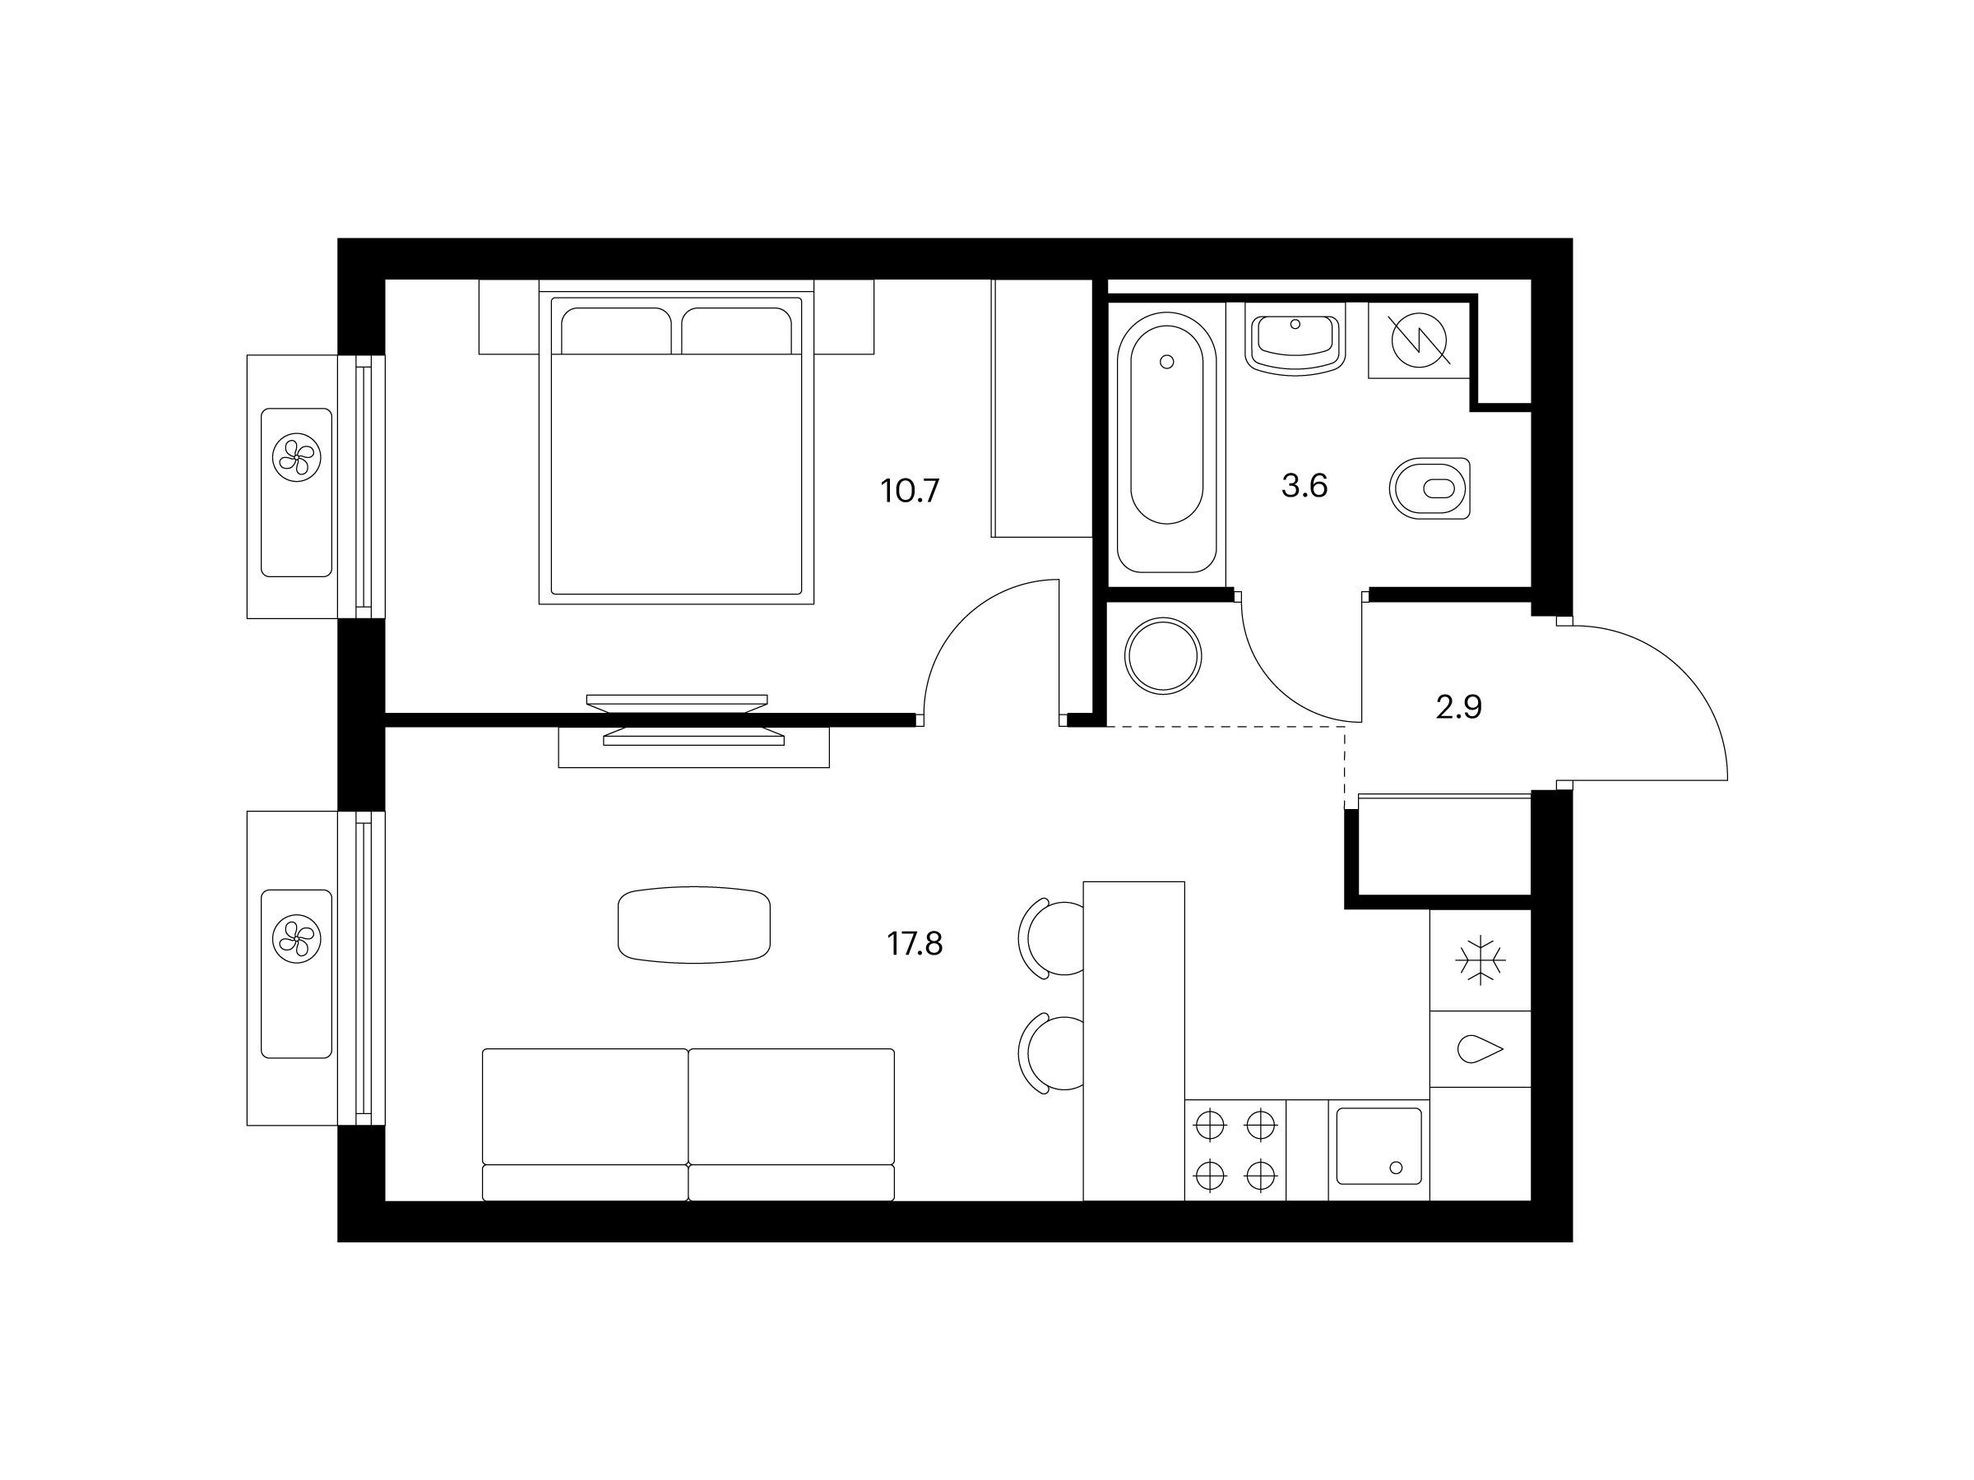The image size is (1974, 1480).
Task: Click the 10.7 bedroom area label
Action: pos(911,491)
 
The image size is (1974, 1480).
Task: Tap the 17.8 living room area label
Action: pos(915,943)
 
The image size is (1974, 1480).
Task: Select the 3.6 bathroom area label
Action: pos(1304,486)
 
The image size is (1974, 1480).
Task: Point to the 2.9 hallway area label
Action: pos(1459,707)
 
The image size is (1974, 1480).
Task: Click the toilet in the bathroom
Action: pos(1430,489)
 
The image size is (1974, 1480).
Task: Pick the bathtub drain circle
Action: pos(1166,361)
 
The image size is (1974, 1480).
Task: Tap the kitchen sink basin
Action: pos(1379,1145)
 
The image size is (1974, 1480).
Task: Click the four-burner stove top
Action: pos(1235,1150)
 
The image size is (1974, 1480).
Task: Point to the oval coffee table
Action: pos(694,924)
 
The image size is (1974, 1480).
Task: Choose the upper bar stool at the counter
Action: pos(1052,938)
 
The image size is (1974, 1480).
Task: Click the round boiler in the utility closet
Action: pos(1164,655)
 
